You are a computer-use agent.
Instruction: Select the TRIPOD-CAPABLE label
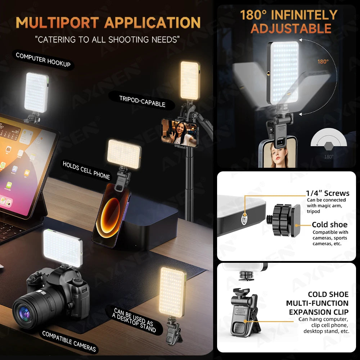142,101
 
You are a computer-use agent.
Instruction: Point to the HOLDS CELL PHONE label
86,170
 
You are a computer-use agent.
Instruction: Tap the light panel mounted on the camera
63,248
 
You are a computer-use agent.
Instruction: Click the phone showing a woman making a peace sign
179,133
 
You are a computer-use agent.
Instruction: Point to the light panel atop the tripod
189,80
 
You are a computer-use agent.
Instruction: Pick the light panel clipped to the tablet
36,92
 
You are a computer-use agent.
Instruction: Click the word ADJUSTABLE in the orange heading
291,28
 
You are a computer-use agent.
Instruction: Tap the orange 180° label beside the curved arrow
323,62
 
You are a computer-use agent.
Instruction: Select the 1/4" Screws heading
328,193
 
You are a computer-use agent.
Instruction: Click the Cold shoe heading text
329,225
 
